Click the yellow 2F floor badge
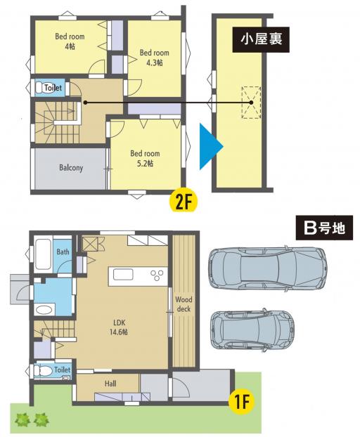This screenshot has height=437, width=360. pyautogui.click(x=184, y=200)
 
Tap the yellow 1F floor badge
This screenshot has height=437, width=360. pyautogui.click(x=241, y=403)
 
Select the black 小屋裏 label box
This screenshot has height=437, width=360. pyautogui.click(x=261, y=39)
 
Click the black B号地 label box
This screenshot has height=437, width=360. pyautogui.click(x=324, y=228)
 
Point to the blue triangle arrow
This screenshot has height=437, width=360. pyautogui.click(x=211, y=147)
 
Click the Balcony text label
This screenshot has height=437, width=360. pyautogui.click(x=71, y=168)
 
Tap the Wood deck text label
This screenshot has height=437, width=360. pyautogui.click(x=184, y=304)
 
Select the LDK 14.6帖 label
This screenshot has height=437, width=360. pyautogui.click(x=119, y=327)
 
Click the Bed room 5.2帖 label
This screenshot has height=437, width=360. pyautogui.click(x=145, y=158)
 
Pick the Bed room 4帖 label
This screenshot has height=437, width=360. pyautogui.click(x=70, y=41)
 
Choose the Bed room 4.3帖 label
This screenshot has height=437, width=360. pyautogui.click(x=154, y=58)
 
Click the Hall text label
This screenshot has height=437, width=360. pyautogui.click(x=110, y=384)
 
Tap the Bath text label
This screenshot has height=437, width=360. pyautogui.click(x=63, y=252)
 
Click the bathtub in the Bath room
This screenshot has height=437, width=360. pyautogui.click(x=43, y=254)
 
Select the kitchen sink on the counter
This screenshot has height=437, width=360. pyautogui.click(x=123, y=275)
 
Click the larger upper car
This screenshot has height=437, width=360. pyautogui.click(x=268, y=268)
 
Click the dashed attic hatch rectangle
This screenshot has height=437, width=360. pyautogui.click(x=251, y=103)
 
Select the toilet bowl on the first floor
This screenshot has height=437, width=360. pyautogui.click(x=43, y=371)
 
